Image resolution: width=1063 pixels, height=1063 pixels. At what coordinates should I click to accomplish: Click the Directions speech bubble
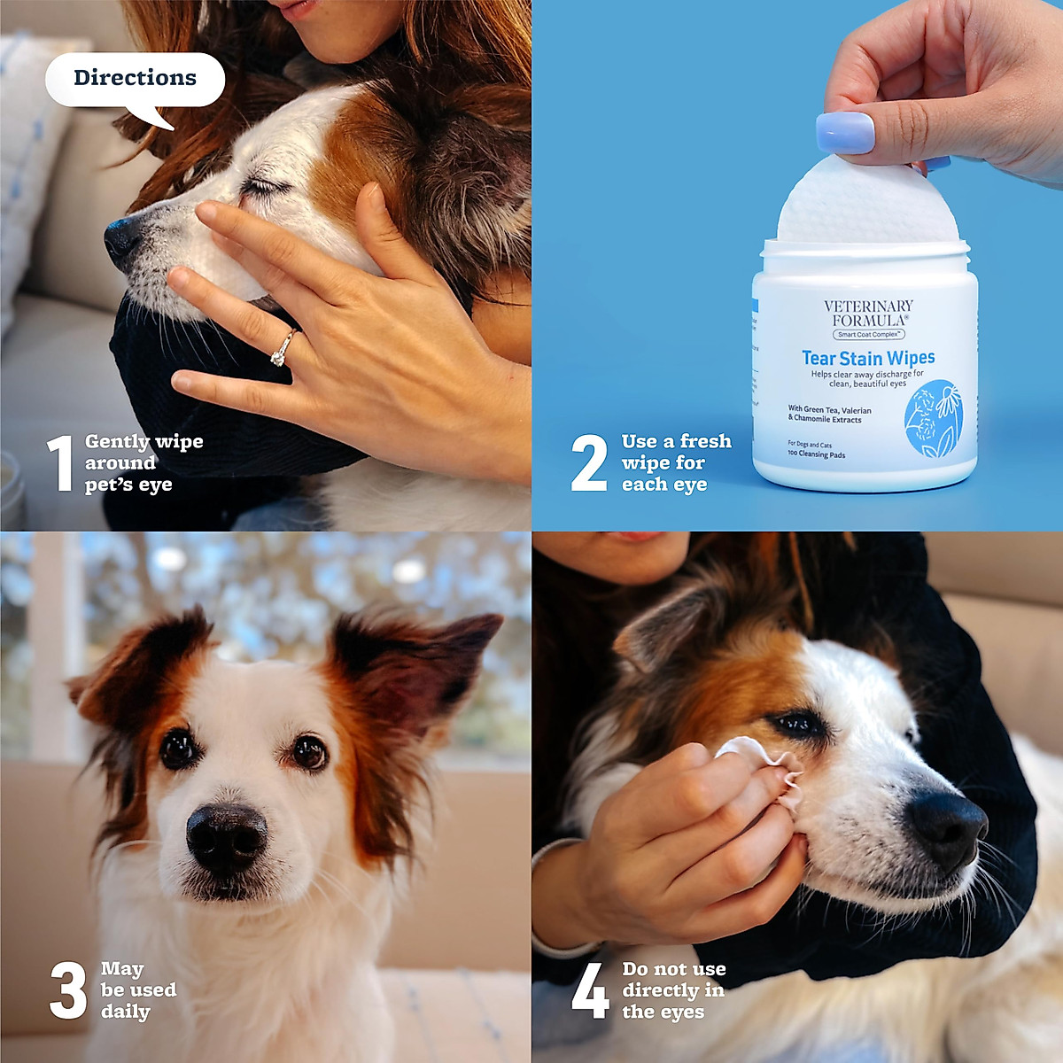coord(135,79)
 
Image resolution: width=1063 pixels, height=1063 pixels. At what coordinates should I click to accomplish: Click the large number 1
coord(59,462)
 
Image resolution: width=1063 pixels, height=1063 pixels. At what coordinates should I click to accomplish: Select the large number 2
coord(589,462)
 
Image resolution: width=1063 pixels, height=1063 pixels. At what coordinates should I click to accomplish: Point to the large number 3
coord(67,990)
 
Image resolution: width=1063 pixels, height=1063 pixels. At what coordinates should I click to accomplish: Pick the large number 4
coord(590,990)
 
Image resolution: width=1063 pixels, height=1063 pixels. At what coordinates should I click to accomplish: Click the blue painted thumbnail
coord(844,132)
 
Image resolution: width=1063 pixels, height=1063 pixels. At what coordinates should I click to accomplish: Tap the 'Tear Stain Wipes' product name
coord(868,358)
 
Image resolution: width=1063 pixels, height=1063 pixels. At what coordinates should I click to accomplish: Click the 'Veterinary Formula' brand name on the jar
coord(867,313)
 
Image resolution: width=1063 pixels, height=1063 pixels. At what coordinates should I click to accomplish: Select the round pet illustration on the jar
coord(933,419)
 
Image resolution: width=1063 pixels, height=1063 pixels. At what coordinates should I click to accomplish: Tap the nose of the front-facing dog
coord(226,835)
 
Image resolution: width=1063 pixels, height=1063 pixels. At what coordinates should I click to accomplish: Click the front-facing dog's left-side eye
coord(178,749)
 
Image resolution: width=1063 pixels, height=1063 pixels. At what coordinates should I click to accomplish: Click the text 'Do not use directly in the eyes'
coord(673,990)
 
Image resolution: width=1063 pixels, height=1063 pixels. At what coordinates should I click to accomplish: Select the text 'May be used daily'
coord(137,990)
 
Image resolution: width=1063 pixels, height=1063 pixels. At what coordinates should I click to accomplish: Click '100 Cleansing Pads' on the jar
coord(816,454)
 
